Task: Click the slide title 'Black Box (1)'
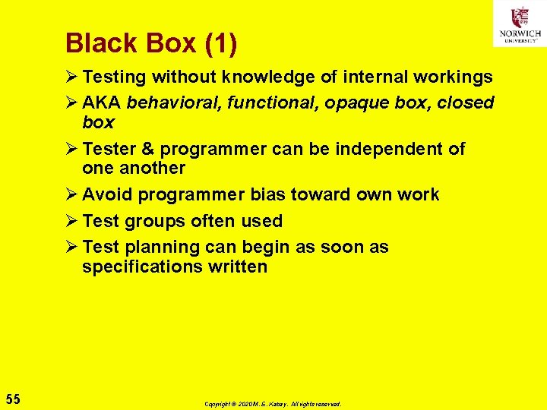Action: [151, 43]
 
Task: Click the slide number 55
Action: [13, 399]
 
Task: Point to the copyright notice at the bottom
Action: [273, 404]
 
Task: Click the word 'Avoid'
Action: [106, 194]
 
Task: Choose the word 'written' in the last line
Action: [239, 267]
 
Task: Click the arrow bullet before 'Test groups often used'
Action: [72, 221]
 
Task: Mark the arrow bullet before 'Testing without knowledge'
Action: [72, 77]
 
